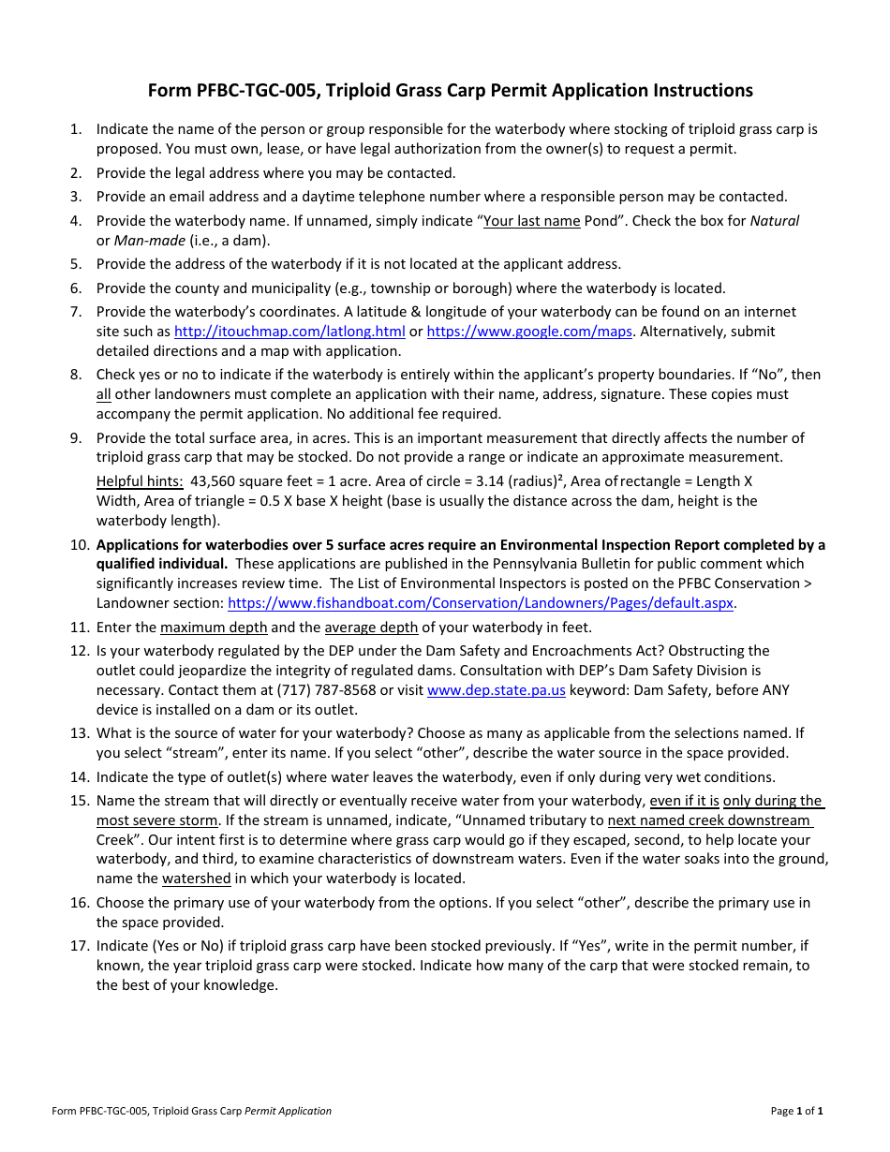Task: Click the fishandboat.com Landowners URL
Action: click(x=481, y=603)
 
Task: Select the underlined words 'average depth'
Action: click(x=371, y=628)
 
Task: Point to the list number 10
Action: click(x=79, y=545)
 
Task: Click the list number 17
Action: click(x=79, y=946)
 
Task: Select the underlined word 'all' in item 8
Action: click(x=103, y=394)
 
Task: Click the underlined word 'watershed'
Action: click(x=196, y=879)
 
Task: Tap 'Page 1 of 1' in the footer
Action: click(x=796, y=1112)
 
